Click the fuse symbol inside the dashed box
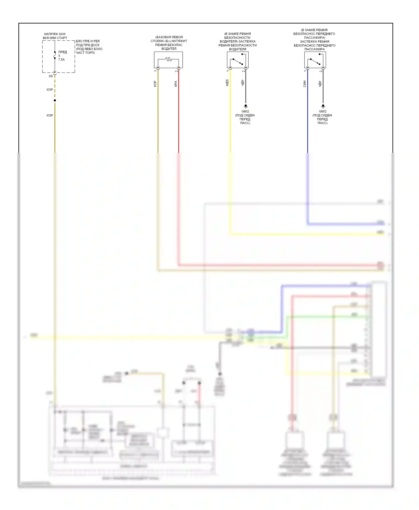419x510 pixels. [55, 55]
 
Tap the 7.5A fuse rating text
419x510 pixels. [61, 60]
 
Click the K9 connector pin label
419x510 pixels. [51, 76]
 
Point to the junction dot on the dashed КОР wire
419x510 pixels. [55, 100]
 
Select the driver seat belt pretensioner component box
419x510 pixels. [168, 60]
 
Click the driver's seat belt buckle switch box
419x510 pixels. [238, 60]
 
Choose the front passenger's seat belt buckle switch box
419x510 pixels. [315, 60]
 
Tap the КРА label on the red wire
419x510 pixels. [176, 84]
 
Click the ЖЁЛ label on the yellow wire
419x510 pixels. [227, 83]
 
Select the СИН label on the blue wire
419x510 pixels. [305, 84]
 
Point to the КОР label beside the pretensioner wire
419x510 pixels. [155, 84]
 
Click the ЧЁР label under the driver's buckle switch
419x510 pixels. [243, 83]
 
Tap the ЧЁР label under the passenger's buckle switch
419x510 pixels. [320, 84]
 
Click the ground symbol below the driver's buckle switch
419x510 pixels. [246, 106]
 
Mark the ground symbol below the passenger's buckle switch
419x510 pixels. [323, 106]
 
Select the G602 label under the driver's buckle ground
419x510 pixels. [245, 112]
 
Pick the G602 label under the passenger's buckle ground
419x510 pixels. [323, 112]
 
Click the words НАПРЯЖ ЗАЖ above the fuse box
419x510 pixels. [55, 34]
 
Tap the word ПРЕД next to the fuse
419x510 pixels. [63, 52]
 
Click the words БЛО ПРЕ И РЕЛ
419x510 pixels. [88, 41]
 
